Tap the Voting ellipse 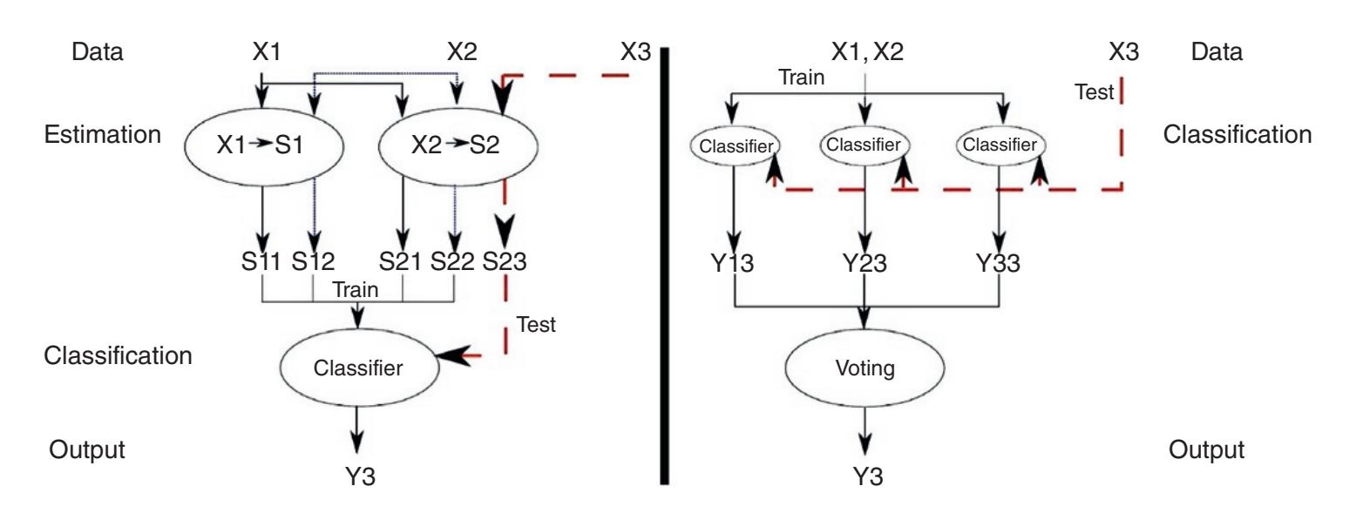click(864, 368)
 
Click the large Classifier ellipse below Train click(358, 368)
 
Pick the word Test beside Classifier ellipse click(537, 326)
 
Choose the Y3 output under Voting click(864, 476)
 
